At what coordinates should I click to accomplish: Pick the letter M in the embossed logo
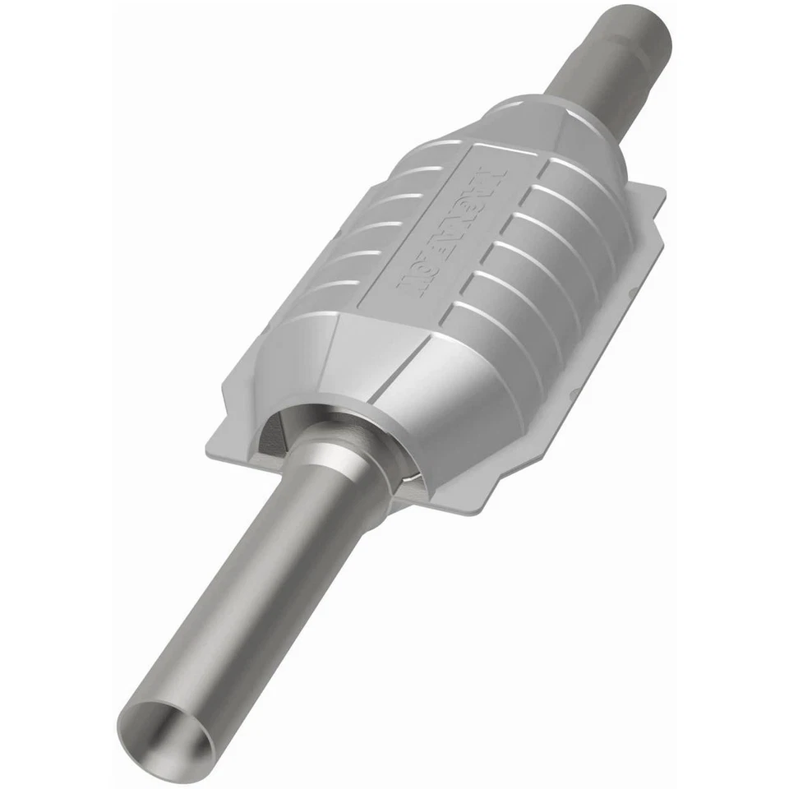point(491,182)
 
